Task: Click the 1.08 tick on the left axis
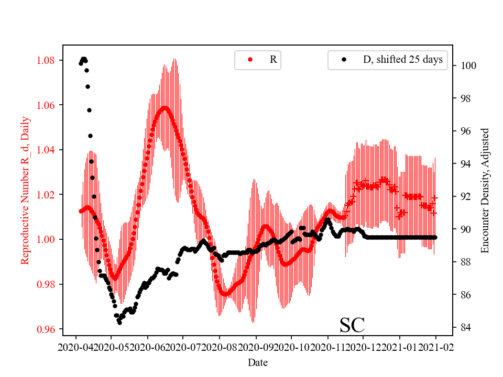(46, 60)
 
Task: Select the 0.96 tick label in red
(46, 329)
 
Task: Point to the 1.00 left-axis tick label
(46, 239)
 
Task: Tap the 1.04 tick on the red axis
(46, 150)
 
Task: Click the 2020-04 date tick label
(76, 347)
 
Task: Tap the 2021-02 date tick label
(436, 347)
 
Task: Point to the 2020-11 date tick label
(327, 347)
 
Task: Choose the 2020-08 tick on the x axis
(220, 347)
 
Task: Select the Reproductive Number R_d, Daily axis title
(25, 190)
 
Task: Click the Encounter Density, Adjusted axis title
(485, 190)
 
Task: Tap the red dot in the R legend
(250, 60)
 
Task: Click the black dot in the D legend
(344, 60)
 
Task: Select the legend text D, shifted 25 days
(402, 60)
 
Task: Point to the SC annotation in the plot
(352, 325)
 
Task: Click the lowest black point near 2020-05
(119, 323)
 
